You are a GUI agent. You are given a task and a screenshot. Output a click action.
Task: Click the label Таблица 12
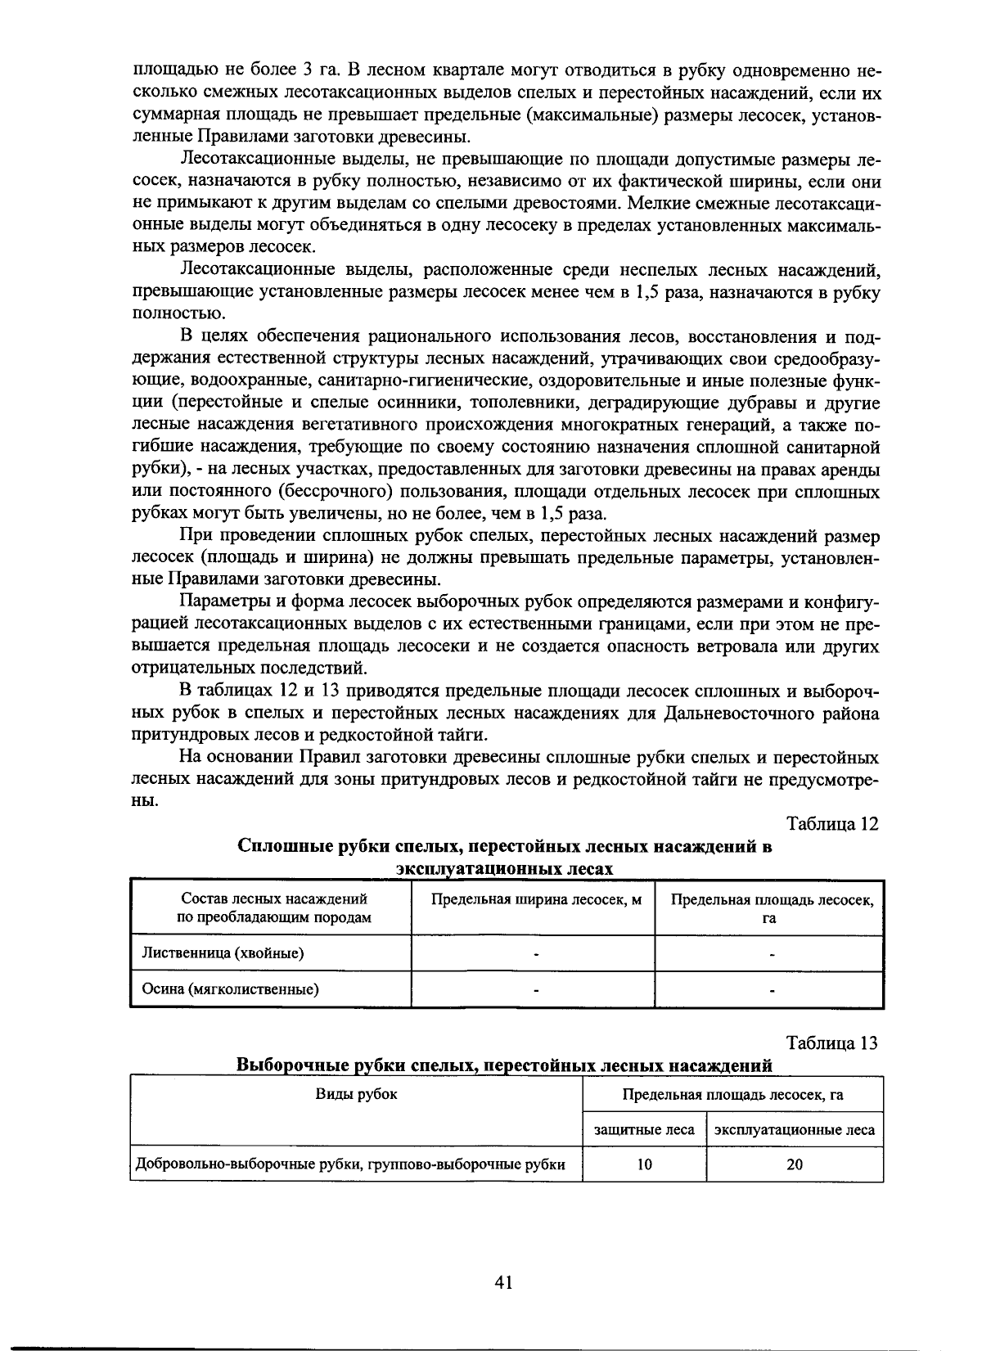tap(832, 824)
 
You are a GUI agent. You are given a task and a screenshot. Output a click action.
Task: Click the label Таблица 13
tap(831, 1043)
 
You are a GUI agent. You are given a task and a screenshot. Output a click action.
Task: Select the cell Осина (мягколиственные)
tap(230, 989)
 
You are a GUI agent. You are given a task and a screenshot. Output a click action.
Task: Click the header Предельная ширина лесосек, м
tap(536, 900)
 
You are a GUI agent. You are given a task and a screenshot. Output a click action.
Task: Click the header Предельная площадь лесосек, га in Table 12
tap(772, 908)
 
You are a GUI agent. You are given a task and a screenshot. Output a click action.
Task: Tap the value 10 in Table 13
tap(644, 1164)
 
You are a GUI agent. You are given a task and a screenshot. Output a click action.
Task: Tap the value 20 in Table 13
tap(794, 1164)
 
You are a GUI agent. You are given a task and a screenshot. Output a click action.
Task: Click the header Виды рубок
tap(356, 1094)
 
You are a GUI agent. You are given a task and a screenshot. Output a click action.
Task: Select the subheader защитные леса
tap(644, 1130)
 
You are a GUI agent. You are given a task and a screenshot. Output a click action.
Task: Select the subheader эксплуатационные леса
tap(794, 1130)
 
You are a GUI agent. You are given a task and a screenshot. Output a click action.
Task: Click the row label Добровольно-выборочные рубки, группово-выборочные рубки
tap(350, 1164)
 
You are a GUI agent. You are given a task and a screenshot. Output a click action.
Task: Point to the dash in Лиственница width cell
tap(535, 954)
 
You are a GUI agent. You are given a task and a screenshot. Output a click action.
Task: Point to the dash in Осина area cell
tap(771, 990)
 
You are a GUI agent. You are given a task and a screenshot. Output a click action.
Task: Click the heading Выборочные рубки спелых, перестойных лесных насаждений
tap(504, 1065)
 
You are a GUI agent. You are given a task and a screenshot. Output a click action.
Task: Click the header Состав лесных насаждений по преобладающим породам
tap(273, 908)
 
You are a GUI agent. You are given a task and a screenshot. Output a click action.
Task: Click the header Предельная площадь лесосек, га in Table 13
tap(732, 1095)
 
